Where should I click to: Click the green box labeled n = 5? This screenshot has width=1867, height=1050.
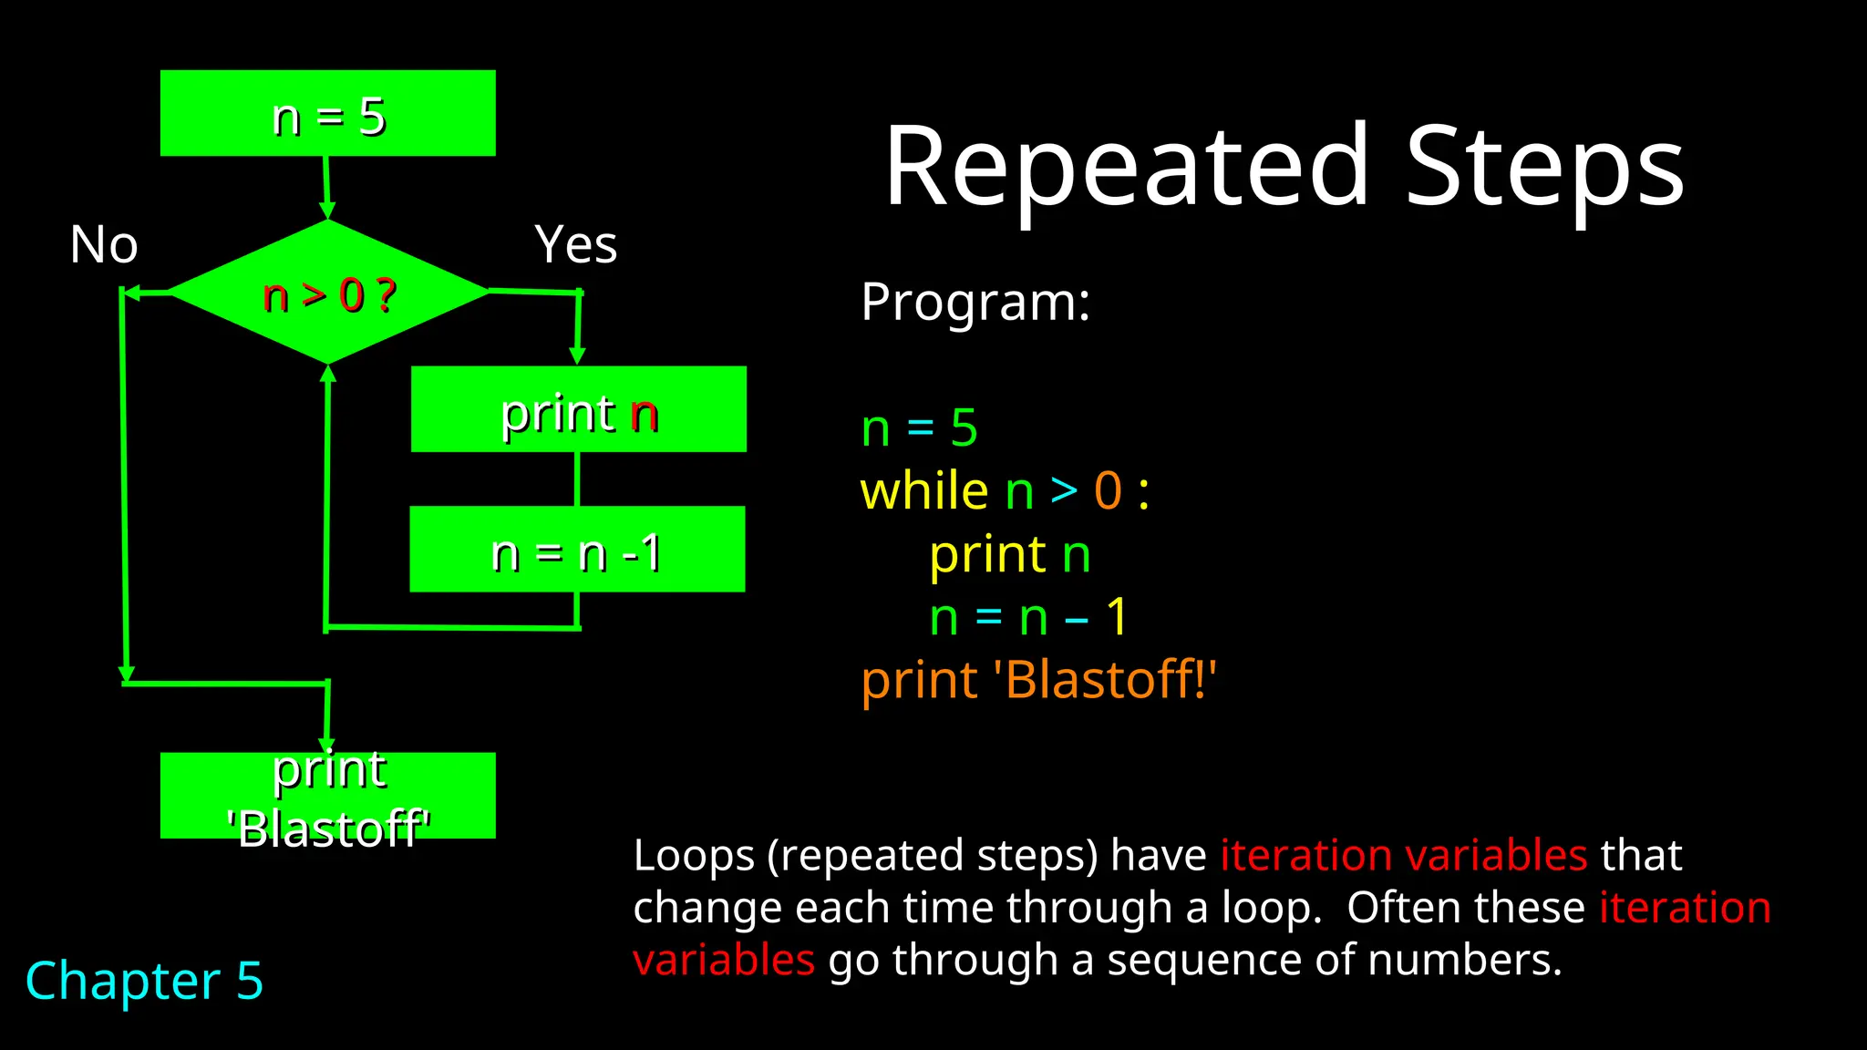pyautogui.click(x=328, y=113)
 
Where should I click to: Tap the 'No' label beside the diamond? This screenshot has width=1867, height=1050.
pyautogui.click(x=104, y=245)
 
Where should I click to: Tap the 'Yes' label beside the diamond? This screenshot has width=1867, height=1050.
pyautogui.click(x=575, y=245)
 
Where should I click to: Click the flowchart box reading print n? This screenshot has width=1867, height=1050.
pyautogui.click(x=578, y=409)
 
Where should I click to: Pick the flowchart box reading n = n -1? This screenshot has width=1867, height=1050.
pyautogui.click(x=577, y=550)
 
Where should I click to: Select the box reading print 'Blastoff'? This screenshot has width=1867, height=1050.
pyautogui.click(x=328, y=796)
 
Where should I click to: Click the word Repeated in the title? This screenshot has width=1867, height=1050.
pyautogui.click(x=1127, y=169)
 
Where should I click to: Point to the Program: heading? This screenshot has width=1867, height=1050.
pyautogui.click(x=975, y=303)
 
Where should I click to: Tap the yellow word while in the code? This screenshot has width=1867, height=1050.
pyautogui.click(x=923, y=491)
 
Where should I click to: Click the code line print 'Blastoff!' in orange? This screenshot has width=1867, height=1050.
pyautogui.click(x=1038, y=681)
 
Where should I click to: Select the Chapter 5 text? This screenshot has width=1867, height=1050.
pyautogui.click(x=144, y=982)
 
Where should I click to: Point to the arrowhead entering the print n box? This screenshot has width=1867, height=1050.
pyautogui.click(x=577, y=356)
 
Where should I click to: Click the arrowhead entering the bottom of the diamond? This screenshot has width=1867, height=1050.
pyautogui.click(x=328, y=373)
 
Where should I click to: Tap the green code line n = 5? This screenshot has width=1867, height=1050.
pyautogui.click(x=919, y=428)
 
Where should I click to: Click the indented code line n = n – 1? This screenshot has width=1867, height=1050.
pyautogui.click(x=1028, y=618)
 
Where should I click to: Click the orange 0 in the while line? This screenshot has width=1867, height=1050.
pyautogui.click(x=1108, y=491)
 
